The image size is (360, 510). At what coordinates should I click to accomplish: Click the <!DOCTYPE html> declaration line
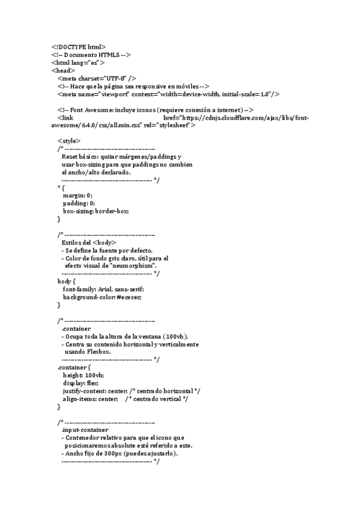78,46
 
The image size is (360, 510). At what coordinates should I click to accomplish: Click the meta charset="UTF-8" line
97,78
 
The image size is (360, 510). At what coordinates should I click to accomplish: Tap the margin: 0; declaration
78,195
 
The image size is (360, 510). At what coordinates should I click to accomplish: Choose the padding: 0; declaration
79,203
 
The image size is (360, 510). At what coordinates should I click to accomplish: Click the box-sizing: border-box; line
96,211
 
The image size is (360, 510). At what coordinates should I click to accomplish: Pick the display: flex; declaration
81,383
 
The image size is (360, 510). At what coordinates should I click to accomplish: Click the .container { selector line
74,367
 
